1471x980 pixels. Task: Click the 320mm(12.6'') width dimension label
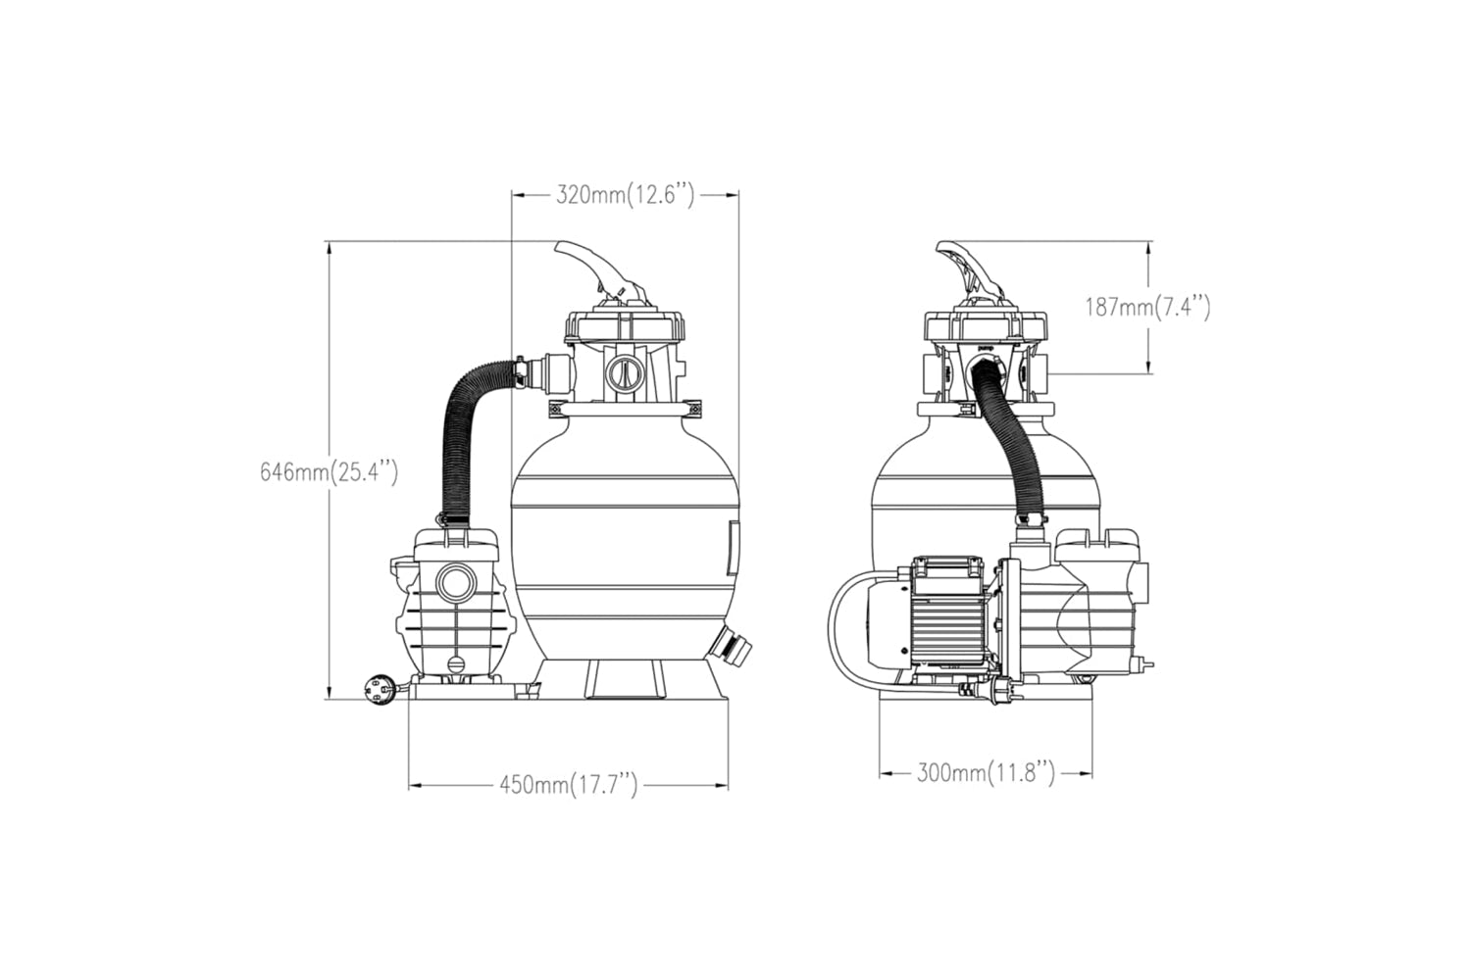626,195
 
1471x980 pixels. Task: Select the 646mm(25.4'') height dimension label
329,472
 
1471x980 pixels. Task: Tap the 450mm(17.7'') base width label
569,784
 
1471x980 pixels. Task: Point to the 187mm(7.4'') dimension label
1147,307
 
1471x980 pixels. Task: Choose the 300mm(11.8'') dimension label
986,772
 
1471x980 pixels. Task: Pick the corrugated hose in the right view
1009,441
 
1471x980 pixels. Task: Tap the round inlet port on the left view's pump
456,582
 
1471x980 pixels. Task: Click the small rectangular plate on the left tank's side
733,548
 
